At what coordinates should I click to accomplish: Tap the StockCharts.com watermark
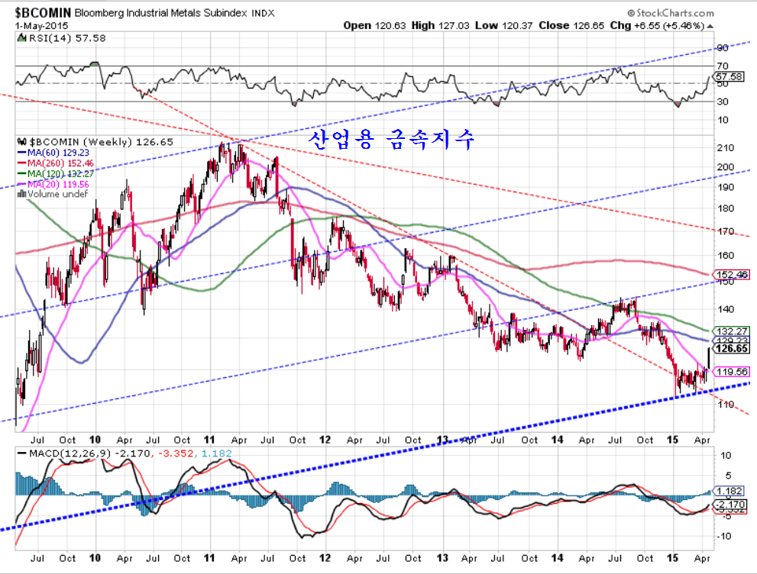point(672,13)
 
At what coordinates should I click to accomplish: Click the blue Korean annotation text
point(391,139)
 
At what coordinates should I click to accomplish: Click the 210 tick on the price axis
point(726,147)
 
